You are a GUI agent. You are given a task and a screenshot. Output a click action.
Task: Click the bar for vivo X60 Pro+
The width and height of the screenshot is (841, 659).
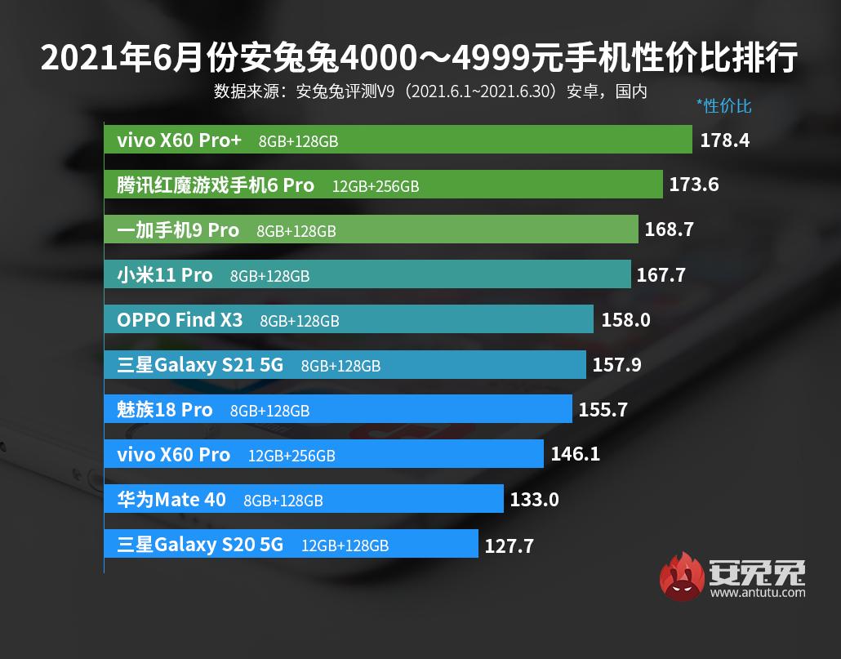398,140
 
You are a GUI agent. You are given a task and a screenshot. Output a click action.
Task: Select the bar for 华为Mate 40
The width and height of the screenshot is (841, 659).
303,499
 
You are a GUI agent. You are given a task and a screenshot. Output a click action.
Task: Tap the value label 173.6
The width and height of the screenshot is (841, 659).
693,185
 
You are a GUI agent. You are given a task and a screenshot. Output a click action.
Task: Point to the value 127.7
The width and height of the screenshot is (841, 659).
509,545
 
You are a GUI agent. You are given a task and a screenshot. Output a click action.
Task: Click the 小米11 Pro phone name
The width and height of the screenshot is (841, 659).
165,275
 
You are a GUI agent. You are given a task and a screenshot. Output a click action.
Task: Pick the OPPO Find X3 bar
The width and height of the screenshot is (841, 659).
349,319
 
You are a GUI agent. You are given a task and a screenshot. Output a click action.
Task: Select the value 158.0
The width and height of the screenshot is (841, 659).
625,319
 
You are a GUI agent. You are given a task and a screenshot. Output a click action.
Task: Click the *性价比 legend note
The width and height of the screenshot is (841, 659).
723,105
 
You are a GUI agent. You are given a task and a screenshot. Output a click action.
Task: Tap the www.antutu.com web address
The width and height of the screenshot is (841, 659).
758,592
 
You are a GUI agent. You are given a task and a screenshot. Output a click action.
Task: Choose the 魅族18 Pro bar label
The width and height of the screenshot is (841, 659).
165,409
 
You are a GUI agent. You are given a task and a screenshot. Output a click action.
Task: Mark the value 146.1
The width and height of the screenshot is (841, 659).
575,453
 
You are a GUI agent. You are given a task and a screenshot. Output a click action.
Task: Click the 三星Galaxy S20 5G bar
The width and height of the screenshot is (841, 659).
291,544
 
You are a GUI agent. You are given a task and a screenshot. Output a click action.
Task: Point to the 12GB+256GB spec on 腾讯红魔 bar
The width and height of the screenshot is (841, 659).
376,186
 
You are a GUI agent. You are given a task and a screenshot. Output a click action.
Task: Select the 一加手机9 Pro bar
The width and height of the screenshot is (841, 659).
371,229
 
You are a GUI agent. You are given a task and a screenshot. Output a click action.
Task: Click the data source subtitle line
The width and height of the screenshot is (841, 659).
430,91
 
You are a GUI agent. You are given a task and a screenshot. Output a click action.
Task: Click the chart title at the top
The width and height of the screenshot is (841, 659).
420,58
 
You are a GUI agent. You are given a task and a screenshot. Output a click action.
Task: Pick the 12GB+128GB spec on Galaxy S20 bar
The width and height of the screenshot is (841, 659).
345,545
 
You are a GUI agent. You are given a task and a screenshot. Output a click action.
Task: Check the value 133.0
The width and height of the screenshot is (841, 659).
534,499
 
